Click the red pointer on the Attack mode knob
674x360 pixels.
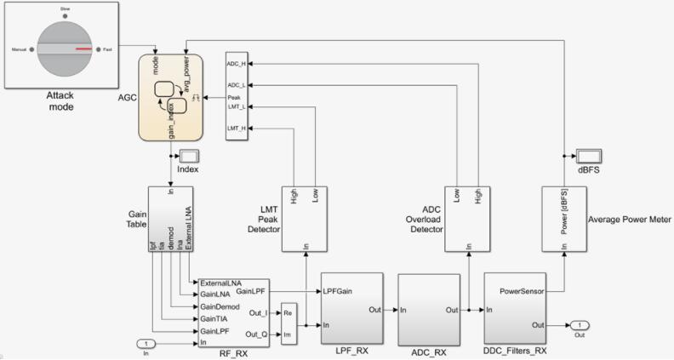pyautogui.click(x=83, y=49)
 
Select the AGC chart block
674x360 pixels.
pyautogui.click(x=171, y=98)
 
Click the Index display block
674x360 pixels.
pyautogui.click(x=187, y=156)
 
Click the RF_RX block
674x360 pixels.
pyautogui.click(x=233, y=311)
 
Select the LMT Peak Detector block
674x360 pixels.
pyautogui.click(x=306, y=219)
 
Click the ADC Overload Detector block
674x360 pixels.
pyautogui.click(x=468, y=219)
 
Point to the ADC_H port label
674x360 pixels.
pyautogui.click(x=236, y=64)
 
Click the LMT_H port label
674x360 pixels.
pyautogui.click(x=236, y=128)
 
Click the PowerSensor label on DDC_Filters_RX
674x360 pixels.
pyautogui.click(x=522, y=290)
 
